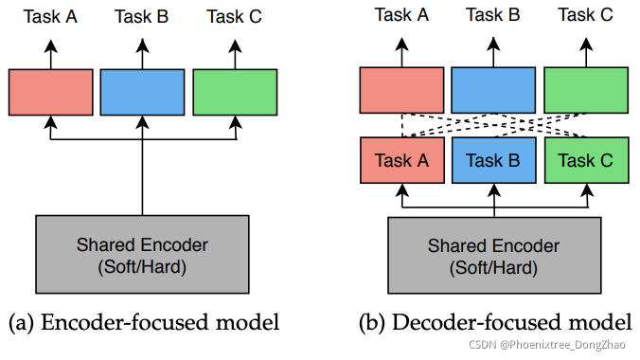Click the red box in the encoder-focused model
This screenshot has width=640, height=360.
(x=51, y=92)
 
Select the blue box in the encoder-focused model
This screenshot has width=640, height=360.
(x=143, y=92)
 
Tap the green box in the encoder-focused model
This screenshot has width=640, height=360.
(x=235, y=92)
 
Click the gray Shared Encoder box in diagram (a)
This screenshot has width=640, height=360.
(x=142, y=254)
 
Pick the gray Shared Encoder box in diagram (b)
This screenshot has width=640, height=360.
(x=494, y=254)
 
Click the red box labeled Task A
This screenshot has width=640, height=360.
(x=400, y=160)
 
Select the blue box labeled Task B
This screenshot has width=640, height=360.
(x=494, y=160)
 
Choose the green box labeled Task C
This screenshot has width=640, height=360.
(x=586, y=160)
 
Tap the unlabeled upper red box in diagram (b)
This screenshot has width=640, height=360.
(x=400, y=91)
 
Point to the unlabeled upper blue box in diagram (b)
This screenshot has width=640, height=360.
(x=494, y=91)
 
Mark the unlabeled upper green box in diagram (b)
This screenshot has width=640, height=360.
(x=586, y=91)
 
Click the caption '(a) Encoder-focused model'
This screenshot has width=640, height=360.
(x=144, y=323)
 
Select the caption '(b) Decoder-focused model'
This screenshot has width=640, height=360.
(x=494, y=323)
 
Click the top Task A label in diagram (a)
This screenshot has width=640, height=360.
(x=51, y=17)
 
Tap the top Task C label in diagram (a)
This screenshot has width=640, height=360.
(x=235, y=17)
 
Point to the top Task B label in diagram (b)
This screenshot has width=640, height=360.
(x=494, y=14)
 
